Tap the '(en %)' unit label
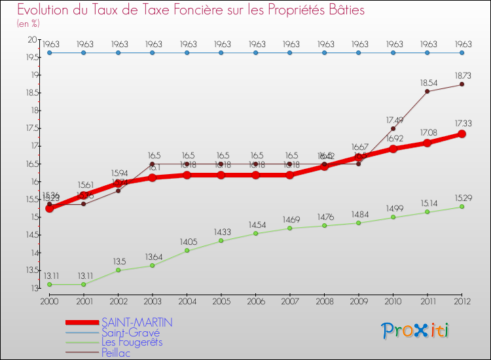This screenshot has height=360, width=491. click(28, 24)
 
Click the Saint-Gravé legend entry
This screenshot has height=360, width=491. click(130, 333)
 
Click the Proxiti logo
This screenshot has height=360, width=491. click(416, 331)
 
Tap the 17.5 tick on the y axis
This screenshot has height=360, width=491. click(31, 128)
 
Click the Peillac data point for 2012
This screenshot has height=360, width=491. click(462, 84)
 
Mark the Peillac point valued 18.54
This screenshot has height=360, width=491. click(427, 91)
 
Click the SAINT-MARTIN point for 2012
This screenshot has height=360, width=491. click(462, 134)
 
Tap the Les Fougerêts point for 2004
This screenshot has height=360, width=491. click(187, 251)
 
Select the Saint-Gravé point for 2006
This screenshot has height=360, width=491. click(255, 53)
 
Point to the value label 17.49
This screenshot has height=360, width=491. click(394, 120)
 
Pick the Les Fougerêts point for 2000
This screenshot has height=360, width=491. click(49, 284)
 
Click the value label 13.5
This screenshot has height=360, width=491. click(119, 261)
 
